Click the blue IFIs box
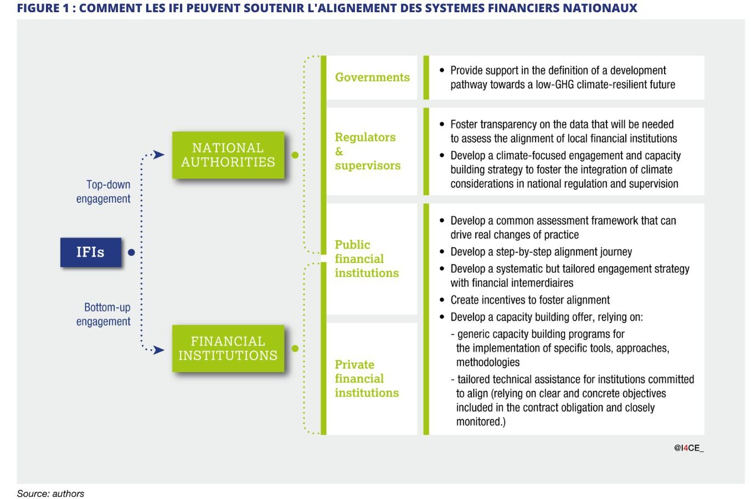point(91,252)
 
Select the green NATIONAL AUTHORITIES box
point(228,155)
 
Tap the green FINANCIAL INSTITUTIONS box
point(228,348)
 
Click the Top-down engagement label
point(104,192)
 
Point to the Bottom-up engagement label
point(104,314)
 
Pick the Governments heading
point(372,77)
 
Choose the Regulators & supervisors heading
point(367,151)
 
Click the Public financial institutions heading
point(366,259)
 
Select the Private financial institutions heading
point(366,379)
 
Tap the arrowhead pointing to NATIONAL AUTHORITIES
point(159,155)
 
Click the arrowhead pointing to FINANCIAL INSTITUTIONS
point(159,350)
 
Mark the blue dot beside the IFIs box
point(131,252)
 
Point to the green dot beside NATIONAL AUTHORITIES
point(295,155)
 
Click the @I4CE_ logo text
point(688,448)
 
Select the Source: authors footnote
point(50,493)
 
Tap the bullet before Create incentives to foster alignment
point(442,300)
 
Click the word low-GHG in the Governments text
point(554,85)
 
